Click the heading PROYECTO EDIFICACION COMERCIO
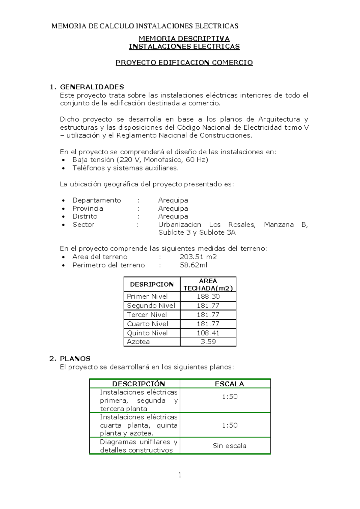(184, 62)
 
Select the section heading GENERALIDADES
(92, 87)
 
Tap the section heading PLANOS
(75, 359)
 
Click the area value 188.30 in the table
(208, 297)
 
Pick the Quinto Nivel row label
(147, 333)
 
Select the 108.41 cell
(208, 333)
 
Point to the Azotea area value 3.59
(208, 342)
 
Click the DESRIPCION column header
(152, 285)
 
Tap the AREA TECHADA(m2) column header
(208, 285)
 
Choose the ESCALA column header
(229, 384)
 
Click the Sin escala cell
(229, 446)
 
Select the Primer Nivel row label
(147, 297)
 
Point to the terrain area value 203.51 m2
(198, 257)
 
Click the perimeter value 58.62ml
(193, 265)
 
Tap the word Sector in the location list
(83, 224)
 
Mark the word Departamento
(97, 200)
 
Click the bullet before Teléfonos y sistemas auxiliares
(63, 168)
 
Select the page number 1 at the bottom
(180, 475)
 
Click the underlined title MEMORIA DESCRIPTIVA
(184, 38)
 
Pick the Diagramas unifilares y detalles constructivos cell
(138, 446)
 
